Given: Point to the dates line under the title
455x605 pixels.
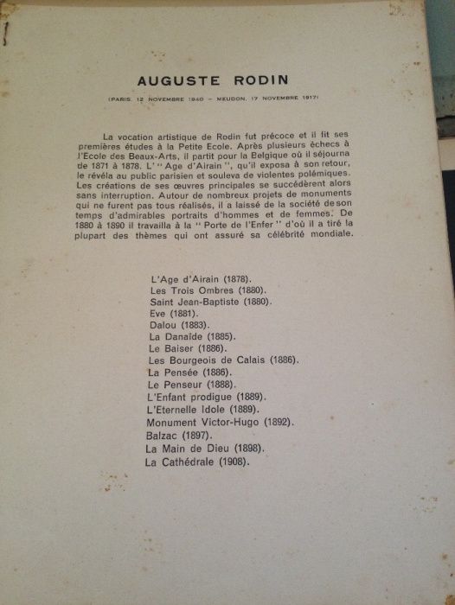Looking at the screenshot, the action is click(x=215, y=100).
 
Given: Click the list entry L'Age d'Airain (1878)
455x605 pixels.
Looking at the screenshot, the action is click(x=195, y=279).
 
